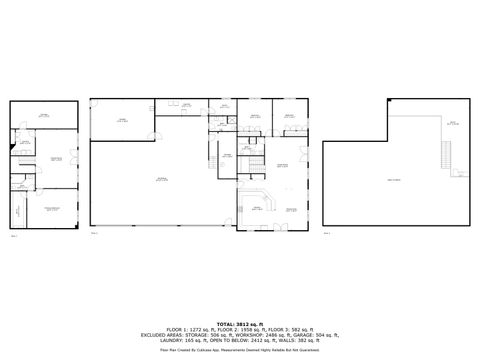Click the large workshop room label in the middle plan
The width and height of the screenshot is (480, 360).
[x=160, y=178]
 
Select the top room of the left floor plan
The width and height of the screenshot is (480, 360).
[x=43, y=117]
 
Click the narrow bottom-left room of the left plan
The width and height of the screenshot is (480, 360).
[x=17, y=209]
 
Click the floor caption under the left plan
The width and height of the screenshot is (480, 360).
[x=13, y=237]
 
